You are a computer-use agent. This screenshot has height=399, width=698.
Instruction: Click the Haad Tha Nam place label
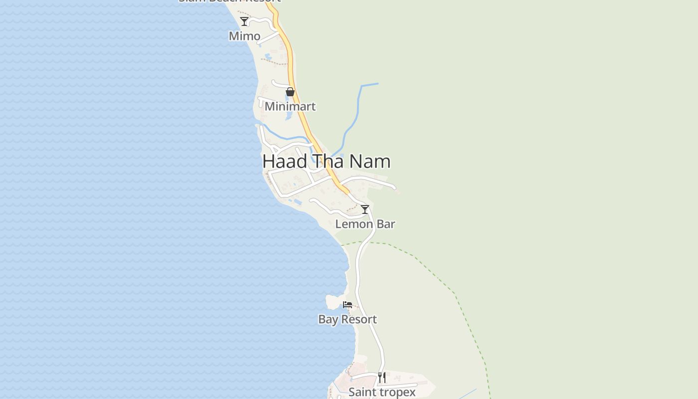point(327,162)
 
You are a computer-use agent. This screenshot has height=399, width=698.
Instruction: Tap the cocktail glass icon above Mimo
point(244,21)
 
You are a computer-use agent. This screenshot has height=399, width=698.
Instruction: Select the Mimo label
point(244,36)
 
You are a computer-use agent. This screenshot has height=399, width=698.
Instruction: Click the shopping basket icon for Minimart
point(290,92)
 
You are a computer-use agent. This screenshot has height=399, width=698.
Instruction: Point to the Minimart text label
point(290,106)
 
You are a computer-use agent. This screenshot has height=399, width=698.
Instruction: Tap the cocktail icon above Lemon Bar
point(365,209)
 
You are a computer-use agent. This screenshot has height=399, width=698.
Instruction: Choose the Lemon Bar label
point(365,224)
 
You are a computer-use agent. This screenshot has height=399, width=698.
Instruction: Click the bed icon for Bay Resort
point(348,305)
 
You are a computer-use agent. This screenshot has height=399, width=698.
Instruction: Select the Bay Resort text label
point(348,319)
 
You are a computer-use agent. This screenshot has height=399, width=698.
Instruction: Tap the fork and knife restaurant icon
point(382,378)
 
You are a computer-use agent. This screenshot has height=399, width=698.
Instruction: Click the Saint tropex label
point(382,392)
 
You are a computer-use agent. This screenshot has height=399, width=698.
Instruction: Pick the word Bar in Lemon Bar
point(386,224)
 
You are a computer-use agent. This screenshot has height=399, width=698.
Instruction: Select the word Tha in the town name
point(329,162)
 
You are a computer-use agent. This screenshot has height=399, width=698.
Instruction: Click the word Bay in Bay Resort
point(328,320)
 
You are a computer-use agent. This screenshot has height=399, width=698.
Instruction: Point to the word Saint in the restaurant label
point(361,392)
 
